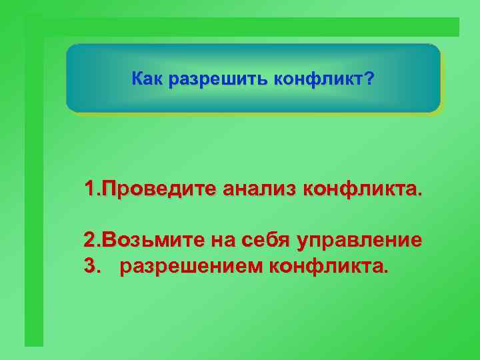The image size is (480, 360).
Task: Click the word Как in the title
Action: [147, 80]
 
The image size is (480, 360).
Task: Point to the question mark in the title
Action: [369, 80]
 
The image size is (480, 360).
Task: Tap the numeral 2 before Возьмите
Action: [89, 239]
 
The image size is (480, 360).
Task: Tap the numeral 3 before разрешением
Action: [89, 267]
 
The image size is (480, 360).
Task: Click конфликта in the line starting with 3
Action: [327, 267]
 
